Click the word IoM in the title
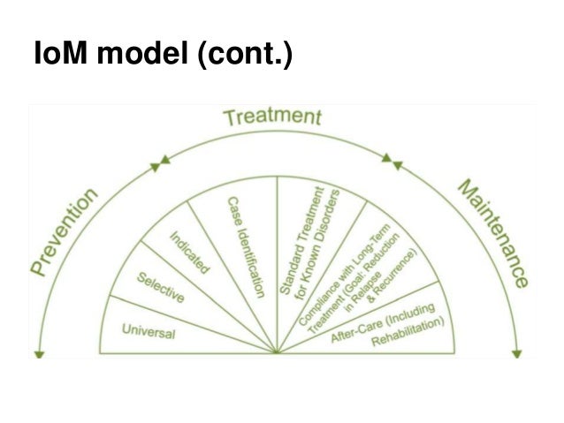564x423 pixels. pos(58,58)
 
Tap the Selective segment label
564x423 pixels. pos(160,287)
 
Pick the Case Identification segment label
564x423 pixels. pos(247,246)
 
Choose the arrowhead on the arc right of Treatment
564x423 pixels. pos(389,160)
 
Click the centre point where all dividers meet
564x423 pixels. pos(277,353)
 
